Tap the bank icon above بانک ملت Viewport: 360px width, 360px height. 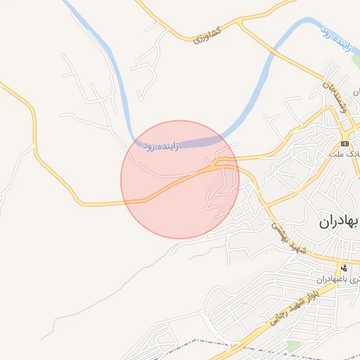344,143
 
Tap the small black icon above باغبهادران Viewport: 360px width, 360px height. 344,267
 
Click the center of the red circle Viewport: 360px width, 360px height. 180,179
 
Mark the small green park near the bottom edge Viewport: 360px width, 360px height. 293,345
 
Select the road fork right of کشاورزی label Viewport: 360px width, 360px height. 240,25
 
